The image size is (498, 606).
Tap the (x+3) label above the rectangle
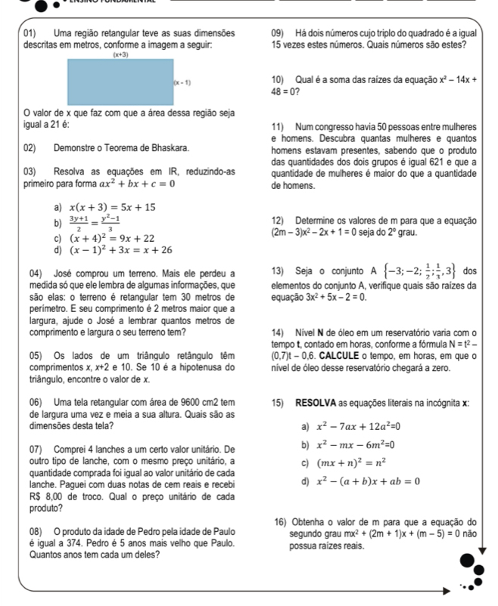[121, 54]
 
